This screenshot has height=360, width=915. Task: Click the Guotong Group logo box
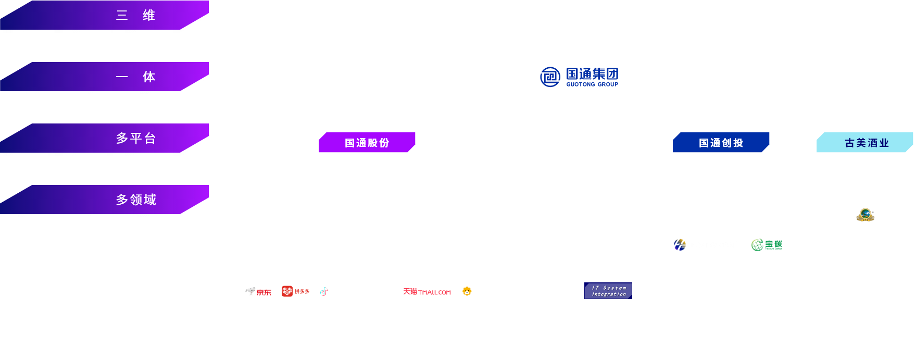[x=579, y=77]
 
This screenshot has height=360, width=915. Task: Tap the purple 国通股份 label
[x=367, y=143]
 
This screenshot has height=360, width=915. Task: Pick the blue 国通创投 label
[x=721, y=143]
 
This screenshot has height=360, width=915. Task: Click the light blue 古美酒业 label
[x=866, y=143]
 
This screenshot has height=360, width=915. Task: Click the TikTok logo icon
[x=324, y=291]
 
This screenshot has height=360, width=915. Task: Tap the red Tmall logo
[x=427, y=292]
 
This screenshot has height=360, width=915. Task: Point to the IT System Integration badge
[x=608, y=291]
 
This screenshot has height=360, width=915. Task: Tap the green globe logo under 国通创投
[x=758, y=244]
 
